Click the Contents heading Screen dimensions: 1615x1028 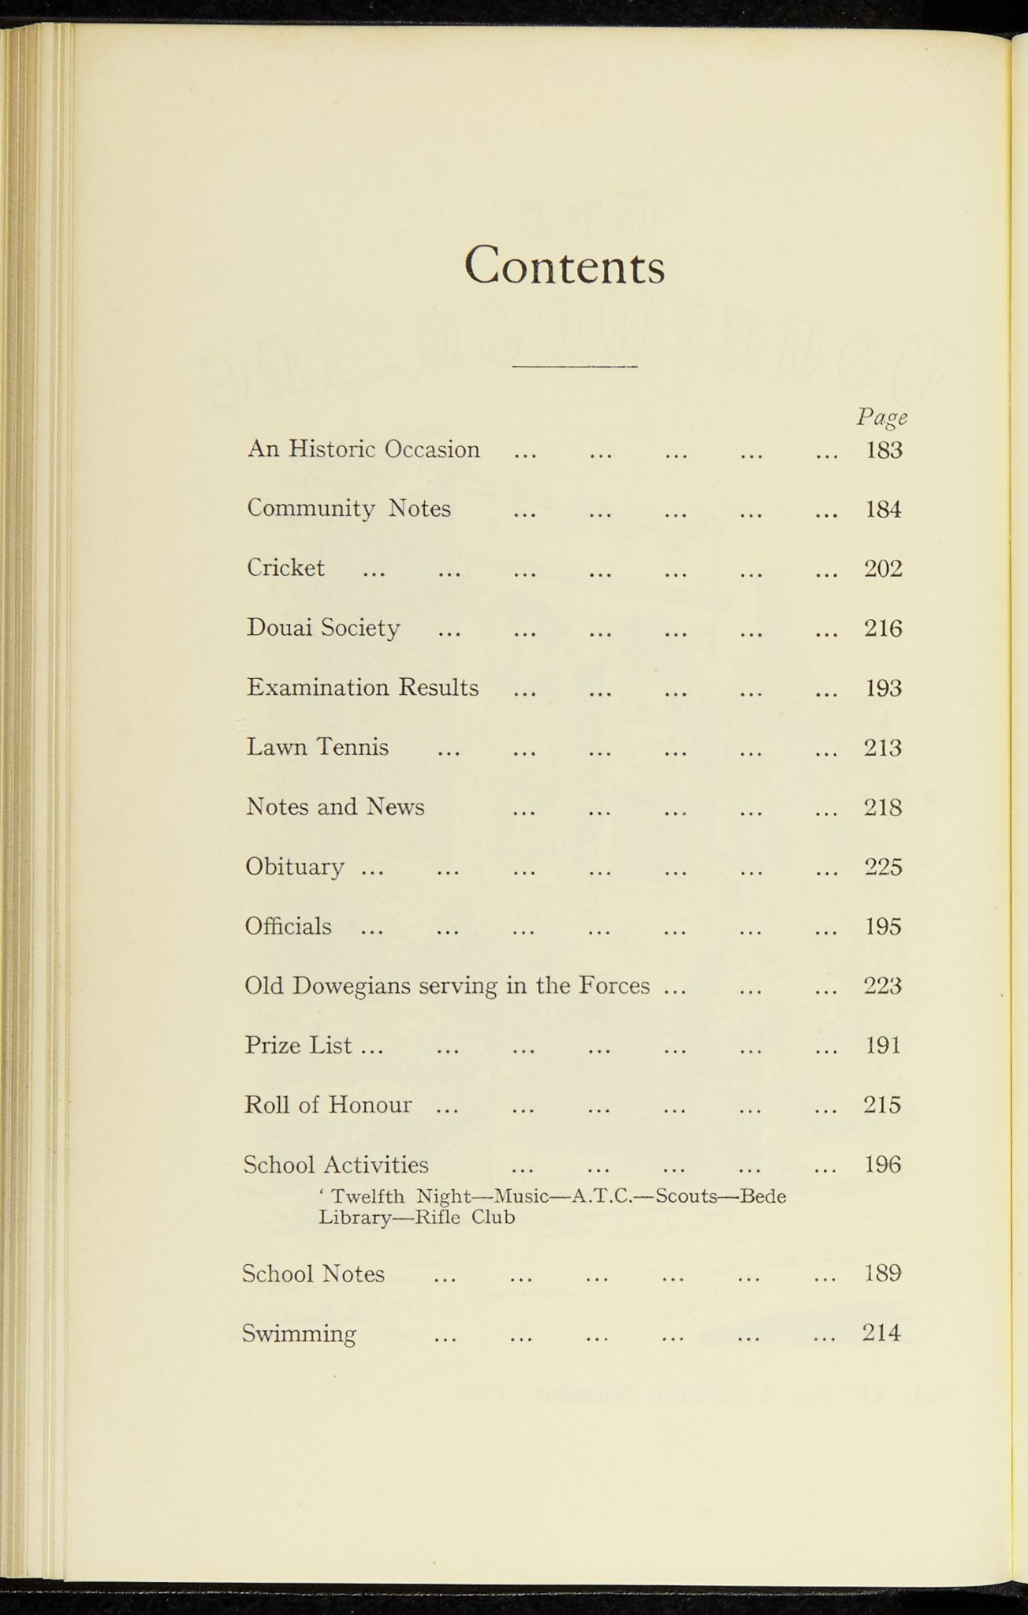pyautogui.click(x=564, y=266)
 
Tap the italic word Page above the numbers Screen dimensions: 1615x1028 pyautogui.click(x=881, y=417)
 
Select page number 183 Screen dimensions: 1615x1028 pyautogui.click(x=883, y=450)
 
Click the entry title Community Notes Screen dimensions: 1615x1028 pyautogui.click(x=348, y=509)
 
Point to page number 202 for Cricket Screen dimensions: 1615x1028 pyautogui.click(x=883, y=569)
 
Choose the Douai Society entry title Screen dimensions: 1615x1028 pyautogui.click(x=323, y=628)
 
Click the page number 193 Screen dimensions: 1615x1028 pyautogui.click(x=883, y=688)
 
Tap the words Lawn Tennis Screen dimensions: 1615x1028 pyautogui.click(x=317, y=747)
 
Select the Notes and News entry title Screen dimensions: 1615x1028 pyautogui.click(x=335, y=807)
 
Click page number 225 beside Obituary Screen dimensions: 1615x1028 pyautogui.click(x=883, y=867)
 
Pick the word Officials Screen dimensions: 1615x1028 pyautogui.click(x=288, y=926)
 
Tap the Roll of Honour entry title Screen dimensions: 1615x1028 pyautogui.click(x=328, y=1105)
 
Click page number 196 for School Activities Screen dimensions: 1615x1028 pyautogui.click(x=883, y=1165)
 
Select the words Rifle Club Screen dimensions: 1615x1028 pyautogui.click(x=464, y=1218)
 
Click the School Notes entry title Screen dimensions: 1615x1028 pyautogui.click(x=313, y=1274)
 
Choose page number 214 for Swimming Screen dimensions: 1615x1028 pyautogui.click(x=881, y=1333)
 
